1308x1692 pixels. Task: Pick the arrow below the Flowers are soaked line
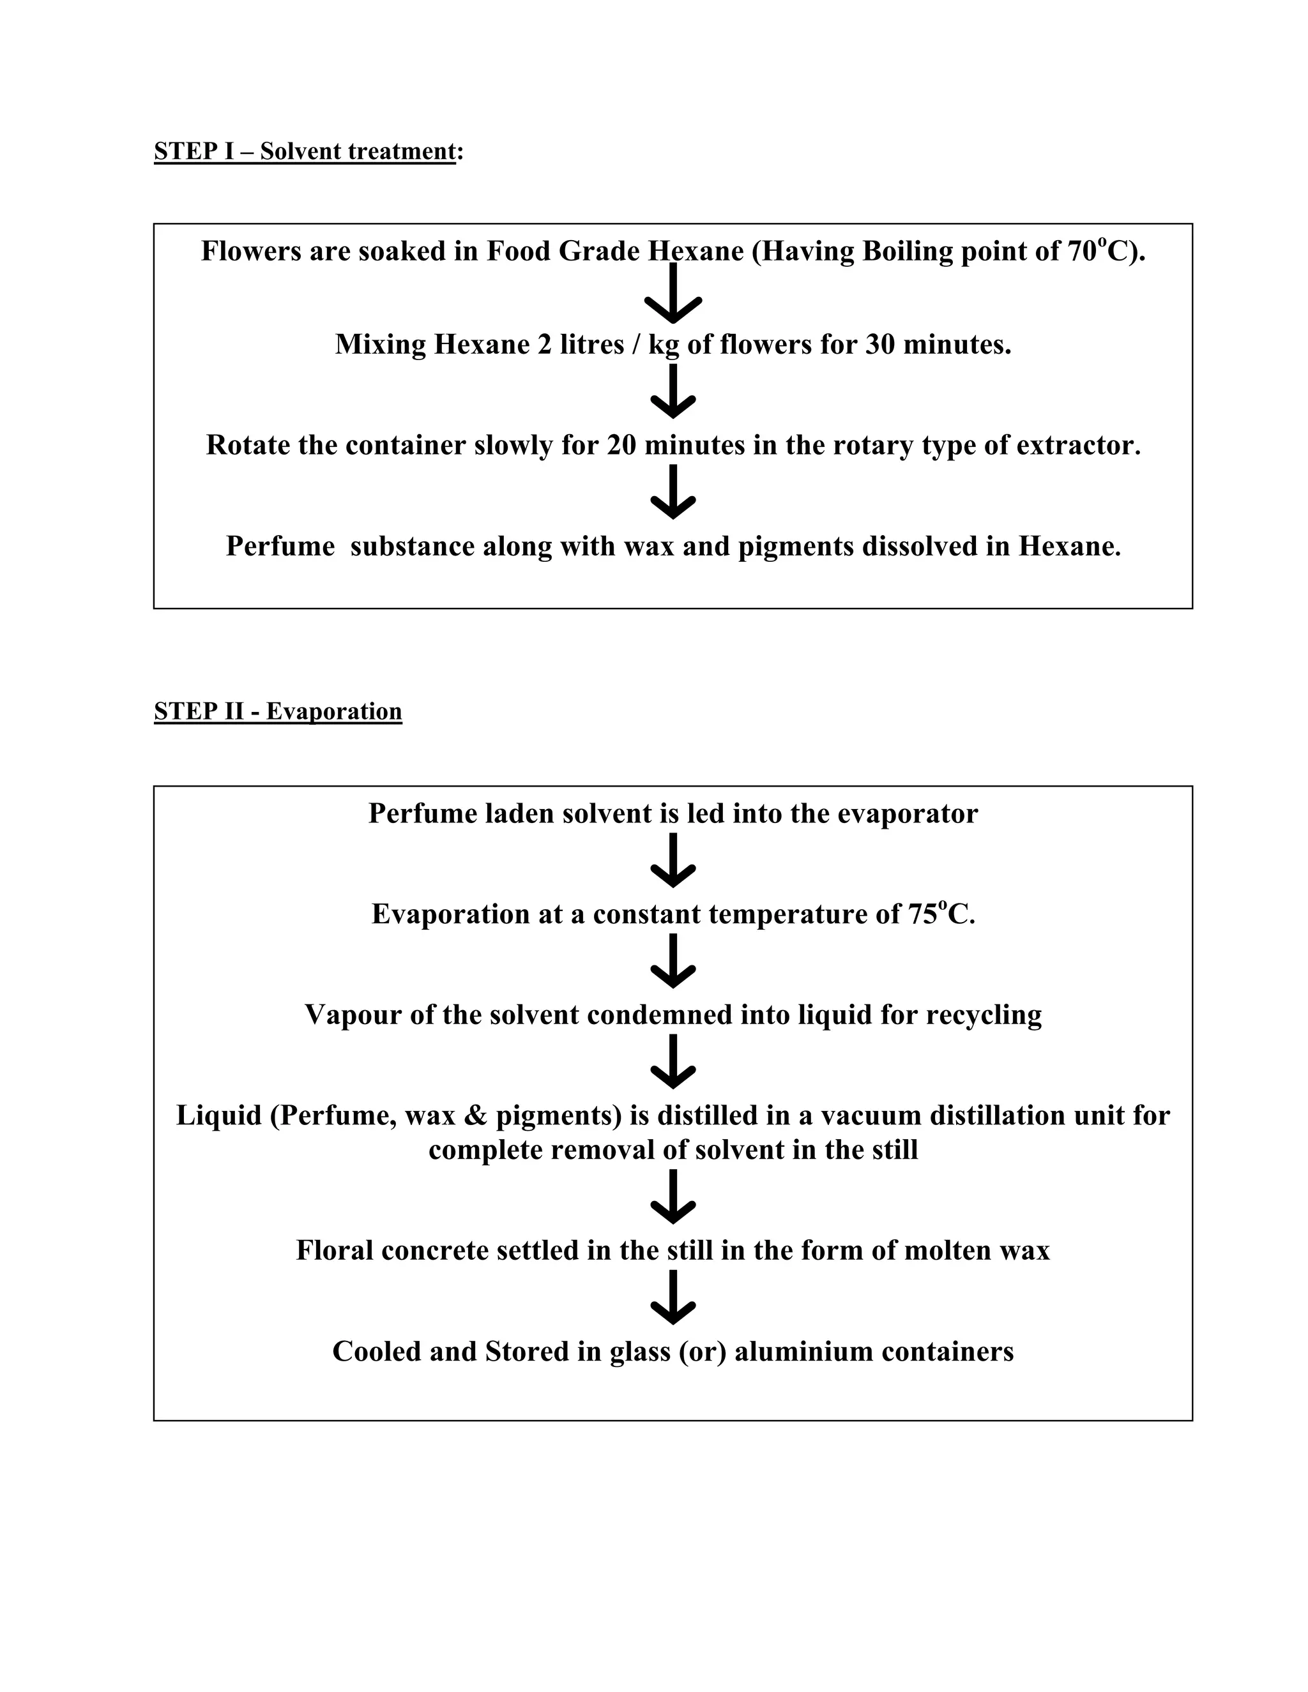[x=673, y=294]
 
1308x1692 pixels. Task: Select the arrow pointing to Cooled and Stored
[x=673, y=1297]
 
